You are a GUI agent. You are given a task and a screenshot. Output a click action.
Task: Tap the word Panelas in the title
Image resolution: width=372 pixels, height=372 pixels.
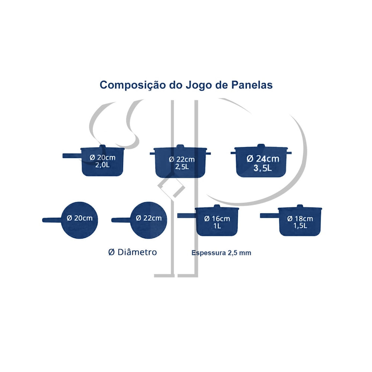[x=252, y=85]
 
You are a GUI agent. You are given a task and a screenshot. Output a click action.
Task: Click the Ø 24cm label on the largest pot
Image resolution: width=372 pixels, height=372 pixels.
[x=263, y=159]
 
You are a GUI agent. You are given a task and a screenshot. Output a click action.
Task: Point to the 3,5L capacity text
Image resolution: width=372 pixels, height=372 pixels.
[x=262, y=168]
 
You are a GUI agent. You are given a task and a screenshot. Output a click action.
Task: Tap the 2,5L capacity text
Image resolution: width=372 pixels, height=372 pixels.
[x=182, y=167]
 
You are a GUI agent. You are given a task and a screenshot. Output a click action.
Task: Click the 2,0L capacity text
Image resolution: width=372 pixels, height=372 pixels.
[x=103, y=165]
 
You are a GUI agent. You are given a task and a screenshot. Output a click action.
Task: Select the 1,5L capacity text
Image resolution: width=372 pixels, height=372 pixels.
[x=300, y=226]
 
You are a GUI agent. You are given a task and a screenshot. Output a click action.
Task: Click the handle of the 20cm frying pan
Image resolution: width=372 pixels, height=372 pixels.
[x=52, y=220]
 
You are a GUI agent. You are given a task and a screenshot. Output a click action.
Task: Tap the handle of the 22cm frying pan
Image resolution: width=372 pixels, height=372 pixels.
[x=121, y=220]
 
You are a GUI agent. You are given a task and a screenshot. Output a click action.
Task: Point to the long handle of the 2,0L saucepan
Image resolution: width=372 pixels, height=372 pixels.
[x=72, y=156]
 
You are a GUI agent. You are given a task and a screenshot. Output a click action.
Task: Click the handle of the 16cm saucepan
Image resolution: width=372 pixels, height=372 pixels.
[x=187, y=216]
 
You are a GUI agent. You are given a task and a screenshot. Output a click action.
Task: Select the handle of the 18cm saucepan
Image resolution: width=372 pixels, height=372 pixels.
[x=269, y=216]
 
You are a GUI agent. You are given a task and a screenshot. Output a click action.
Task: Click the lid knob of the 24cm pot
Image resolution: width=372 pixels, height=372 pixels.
[x=261, y=145]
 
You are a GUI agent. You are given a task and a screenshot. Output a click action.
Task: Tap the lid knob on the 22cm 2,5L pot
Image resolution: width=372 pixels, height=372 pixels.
[x=180, y=146]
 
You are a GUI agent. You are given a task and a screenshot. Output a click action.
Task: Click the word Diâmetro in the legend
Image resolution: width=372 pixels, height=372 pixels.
[x=137, y=252]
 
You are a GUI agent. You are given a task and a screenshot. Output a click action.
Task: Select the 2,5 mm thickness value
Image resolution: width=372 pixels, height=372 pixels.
[x=239, y=253]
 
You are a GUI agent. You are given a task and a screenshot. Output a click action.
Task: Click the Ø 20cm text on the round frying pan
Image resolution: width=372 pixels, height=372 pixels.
[x=80, y=218]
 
